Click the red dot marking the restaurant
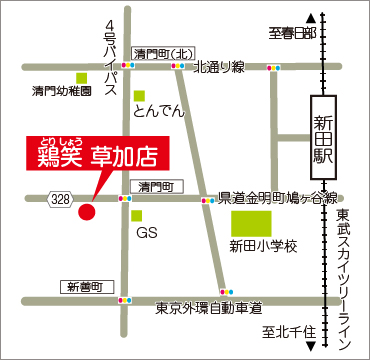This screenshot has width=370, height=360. pos(86,211)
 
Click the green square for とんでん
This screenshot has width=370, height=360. pos(139,95)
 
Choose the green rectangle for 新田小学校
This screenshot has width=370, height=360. pos(252,223)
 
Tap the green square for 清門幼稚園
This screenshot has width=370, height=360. pos(81,77)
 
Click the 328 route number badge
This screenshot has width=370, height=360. pos(61,200)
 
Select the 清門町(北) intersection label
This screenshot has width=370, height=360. pos(159,53)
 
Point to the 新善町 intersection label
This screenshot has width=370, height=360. pos(85,287)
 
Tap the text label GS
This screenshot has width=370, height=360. pos(147,232)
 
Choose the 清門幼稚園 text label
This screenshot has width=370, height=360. pos(62,91)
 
